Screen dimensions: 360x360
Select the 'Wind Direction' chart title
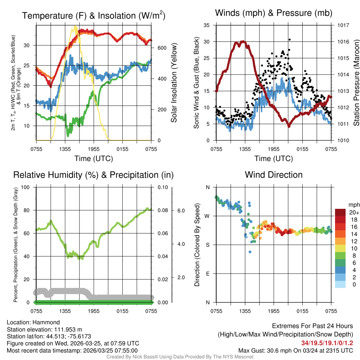(274, 175)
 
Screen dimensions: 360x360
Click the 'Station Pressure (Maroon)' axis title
(356, 83)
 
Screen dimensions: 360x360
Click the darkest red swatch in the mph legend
(341, 213)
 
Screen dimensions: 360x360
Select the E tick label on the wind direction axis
(207, 274)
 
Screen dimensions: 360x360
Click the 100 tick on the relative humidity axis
(25, 187)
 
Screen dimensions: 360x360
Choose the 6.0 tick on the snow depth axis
(181, 210)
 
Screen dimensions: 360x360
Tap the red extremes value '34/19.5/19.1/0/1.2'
(327, 343)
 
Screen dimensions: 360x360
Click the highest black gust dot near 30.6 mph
(289, 40)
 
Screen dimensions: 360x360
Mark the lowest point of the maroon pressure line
(289, 126)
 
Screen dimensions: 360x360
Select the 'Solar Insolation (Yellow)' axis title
(174, 83)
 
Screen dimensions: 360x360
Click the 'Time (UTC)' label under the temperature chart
(94, 159)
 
